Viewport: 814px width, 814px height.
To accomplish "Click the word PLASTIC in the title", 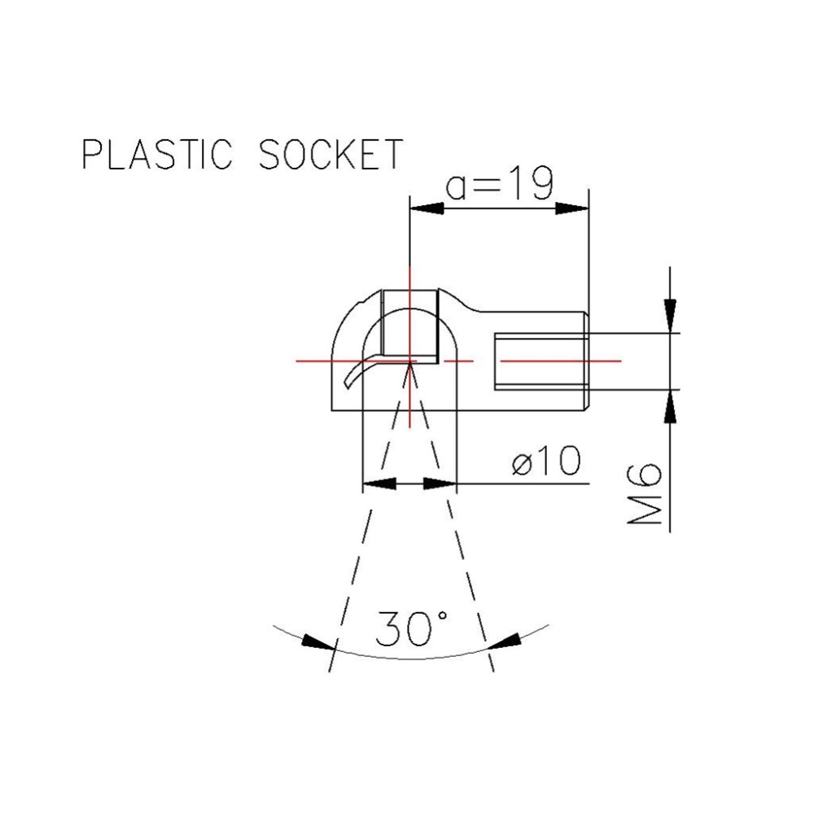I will click(x=158, y=154).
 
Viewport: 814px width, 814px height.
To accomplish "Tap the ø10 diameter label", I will click(x=546, y=462).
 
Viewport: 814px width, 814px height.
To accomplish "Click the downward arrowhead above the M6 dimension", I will click(x=669, y=313).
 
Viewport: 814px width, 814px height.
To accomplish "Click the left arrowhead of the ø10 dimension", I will click(x=379, y=484).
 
